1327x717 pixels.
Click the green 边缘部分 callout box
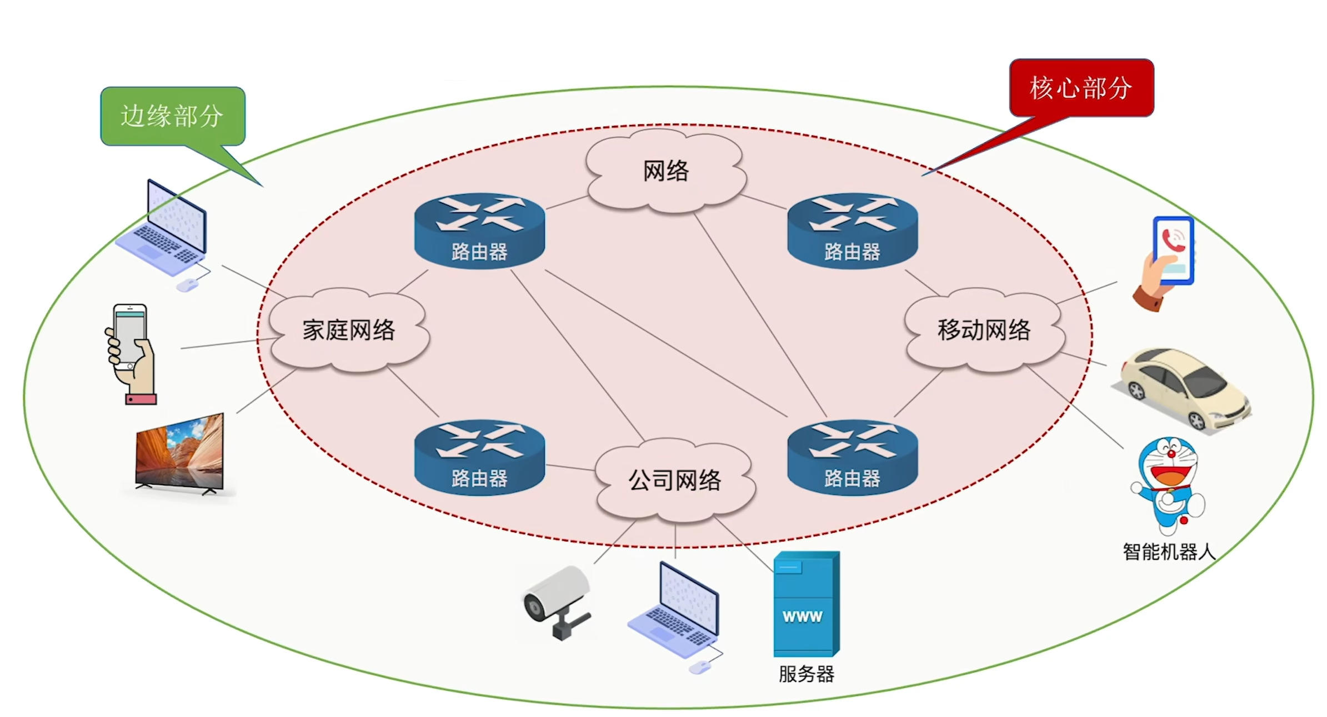coord(173,116)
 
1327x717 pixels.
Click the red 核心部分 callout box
coord(1081,88)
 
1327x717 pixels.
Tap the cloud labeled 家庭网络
coord(349,330)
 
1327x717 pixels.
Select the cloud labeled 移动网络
coord(984,330)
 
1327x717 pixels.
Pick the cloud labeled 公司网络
coord(675,480)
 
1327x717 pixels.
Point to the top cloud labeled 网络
coord(665,171)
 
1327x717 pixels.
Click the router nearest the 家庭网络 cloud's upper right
coord(479,231)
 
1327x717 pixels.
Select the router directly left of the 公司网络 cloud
coord(479,457)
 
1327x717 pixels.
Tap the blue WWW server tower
coord(807,604)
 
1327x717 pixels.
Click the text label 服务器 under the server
coord(807,674)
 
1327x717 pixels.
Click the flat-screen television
coord(180,453)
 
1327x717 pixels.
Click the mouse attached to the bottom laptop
coord(699,667)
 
